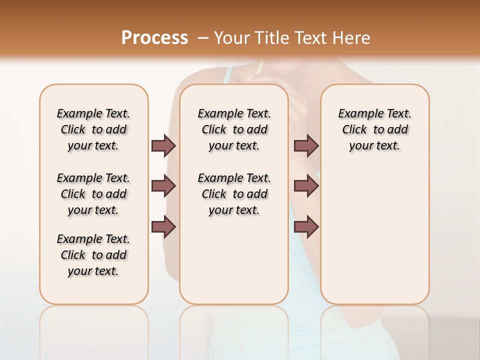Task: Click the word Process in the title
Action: tap(154, 38)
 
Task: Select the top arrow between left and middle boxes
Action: tap(163, 145)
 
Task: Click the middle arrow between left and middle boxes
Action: tap(163, 186)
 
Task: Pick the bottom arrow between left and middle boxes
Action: tap(163, 227)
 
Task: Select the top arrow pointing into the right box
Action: tap(306, 145)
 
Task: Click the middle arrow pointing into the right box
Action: tap(306, 186)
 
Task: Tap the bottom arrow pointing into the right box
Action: tap(306, 227)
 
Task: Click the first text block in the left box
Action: tap(93, 129)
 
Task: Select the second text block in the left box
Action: tap(93, 194)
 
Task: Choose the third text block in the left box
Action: tap(93, 255)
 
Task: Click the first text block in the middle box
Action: tap(234, 129)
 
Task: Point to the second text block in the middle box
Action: tap(234, 194)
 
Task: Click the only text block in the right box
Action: tap(374, 129)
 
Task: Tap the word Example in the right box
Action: tap(356, 114)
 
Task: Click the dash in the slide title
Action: tap(202, 38)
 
